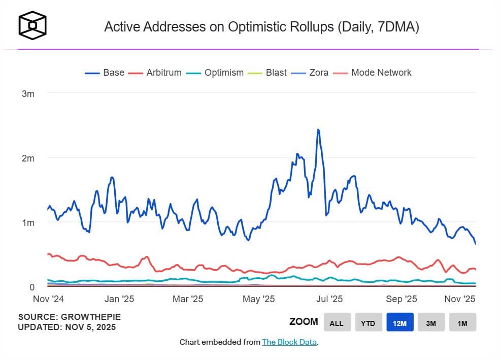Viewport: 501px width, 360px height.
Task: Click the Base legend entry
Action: click(x=105, y=73)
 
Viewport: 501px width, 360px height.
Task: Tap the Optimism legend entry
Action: click(x=215, y=73)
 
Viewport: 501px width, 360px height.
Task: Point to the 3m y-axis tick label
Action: click(x=27, y=93)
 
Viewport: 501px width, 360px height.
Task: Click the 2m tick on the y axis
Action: click(x=27, y=158)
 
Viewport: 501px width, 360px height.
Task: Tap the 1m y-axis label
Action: click(x=27, y=222)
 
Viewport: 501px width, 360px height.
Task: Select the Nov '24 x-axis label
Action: click(x=47, y=299)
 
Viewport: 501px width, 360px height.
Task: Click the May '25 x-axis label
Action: click(x=259, y=299)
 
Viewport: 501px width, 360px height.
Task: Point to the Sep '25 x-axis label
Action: click(x=402, y=299)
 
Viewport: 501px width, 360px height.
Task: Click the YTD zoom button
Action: click(x=368, y=322)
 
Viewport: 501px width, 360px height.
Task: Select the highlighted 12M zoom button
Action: click(x=399, y=322)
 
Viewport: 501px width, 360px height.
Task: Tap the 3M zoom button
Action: click(x=431, y=322)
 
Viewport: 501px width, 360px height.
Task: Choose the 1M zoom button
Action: click(x=462, y=322)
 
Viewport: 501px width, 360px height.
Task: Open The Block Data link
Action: click(x=289, y=342)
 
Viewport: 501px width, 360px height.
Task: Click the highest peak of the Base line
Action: click(x=318, y=130)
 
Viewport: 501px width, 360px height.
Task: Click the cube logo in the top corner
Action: click(x=32, y=25)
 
